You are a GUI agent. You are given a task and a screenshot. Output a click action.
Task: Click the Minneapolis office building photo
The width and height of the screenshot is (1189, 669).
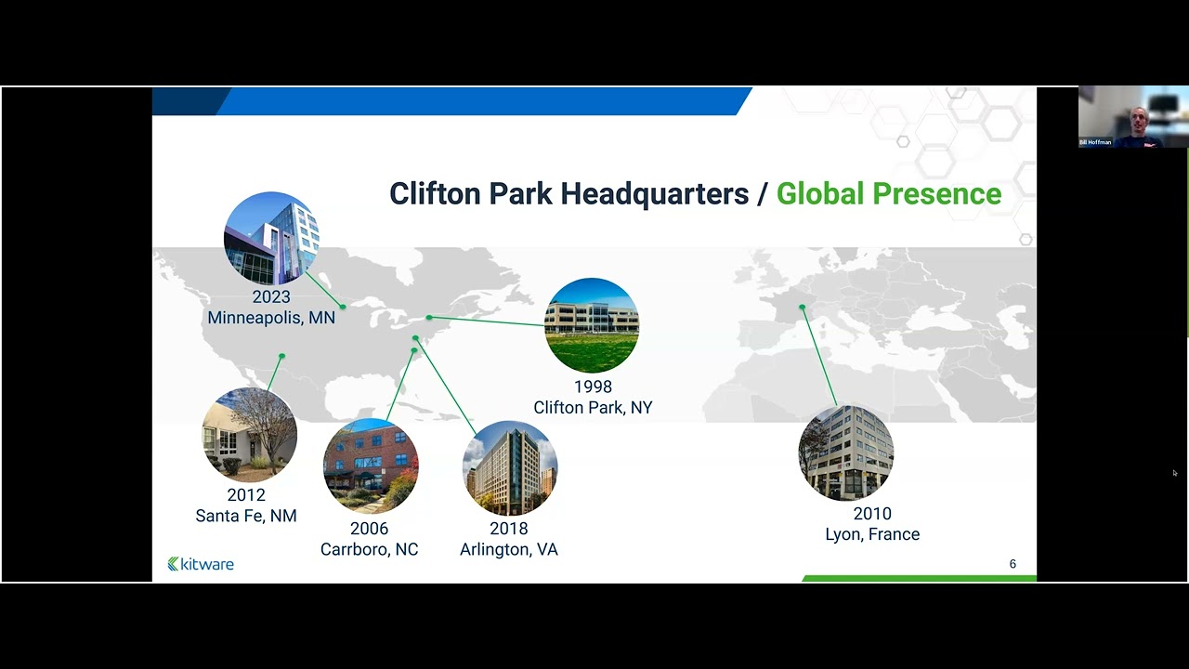coord(271,239)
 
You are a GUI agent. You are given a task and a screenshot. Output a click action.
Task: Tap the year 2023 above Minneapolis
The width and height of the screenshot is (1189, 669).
coord(271,297)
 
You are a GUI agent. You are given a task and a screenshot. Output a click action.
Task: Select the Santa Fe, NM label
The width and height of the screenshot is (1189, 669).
coord(246,516)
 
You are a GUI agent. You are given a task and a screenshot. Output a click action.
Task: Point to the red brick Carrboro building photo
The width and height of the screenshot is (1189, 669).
coord(371,466)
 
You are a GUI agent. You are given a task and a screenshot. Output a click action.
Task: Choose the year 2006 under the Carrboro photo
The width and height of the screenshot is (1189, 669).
coord(369,529)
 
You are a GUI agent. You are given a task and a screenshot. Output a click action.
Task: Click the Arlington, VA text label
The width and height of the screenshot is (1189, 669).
coord(509,549)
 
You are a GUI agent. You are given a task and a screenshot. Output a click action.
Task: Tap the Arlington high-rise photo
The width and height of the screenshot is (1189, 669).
coord(510,468)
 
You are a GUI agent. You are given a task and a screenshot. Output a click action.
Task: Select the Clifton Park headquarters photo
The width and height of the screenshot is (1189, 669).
coord(592,325)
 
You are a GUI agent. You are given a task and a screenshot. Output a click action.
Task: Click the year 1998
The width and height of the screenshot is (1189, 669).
coord(593,387)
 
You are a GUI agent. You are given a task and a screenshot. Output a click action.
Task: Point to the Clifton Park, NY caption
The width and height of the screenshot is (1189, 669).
coord(593,407)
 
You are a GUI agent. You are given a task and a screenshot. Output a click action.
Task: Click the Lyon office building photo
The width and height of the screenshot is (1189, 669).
coord(846,453)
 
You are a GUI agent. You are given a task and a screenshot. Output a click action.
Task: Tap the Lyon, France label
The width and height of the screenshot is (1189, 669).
coord(872,534)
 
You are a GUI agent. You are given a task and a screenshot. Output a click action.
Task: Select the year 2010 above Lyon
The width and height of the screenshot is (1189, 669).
coord(872,514)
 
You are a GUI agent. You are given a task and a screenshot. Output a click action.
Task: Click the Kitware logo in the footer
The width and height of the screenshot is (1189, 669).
coord(201,564)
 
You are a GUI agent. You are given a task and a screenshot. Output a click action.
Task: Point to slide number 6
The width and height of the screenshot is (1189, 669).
coord(1013,564)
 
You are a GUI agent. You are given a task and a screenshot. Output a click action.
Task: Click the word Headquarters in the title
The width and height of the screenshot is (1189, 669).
coord(654,193)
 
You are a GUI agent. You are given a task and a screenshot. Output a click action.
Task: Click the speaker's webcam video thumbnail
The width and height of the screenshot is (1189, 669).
coord(1133,117)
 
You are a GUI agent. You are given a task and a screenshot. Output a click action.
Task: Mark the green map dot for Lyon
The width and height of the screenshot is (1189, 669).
coord(802,307)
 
